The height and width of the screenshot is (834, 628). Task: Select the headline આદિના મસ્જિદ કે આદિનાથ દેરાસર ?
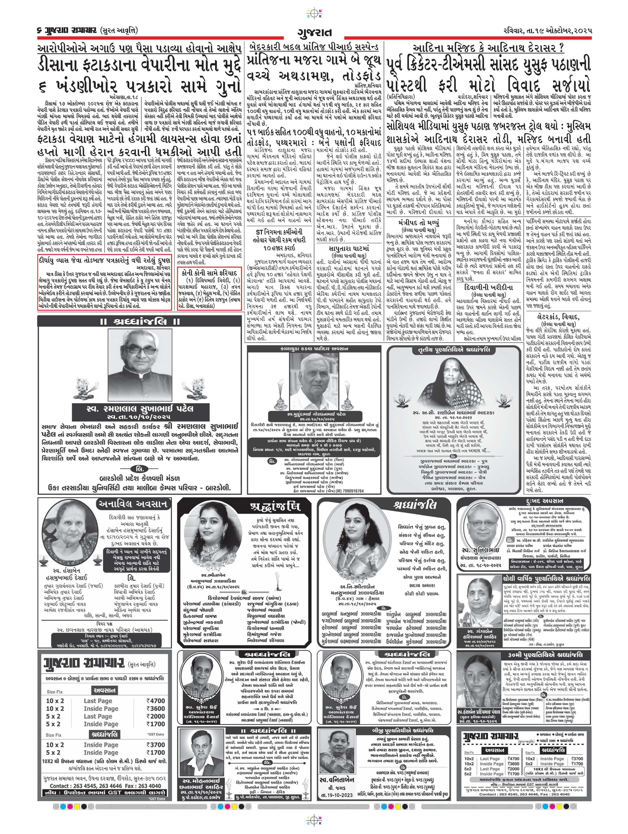(x=488, y=48)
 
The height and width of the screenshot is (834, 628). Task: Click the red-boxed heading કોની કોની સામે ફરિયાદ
(x=209, y=273)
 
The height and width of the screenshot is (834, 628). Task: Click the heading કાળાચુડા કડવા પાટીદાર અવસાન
(x=314, y=349)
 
